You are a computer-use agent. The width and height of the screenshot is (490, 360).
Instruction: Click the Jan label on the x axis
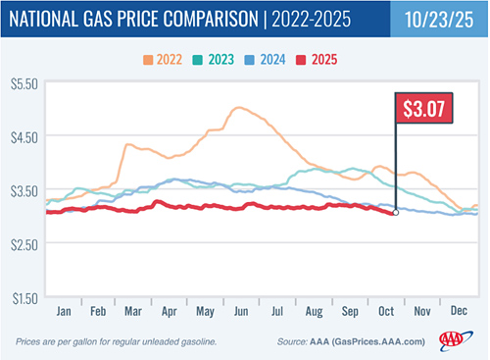click(x=65, y=309)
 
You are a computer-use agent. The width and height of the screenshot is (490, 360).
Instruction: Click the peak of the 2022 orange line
click(x=237, y=108)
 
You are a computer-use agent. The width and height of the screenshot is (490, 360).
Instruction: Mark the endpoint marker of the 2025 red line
click(x=395, y=212)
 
